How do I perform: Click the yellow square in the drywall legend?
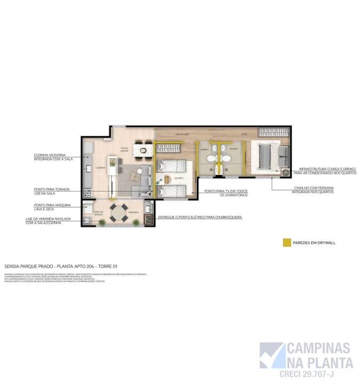(286, 243)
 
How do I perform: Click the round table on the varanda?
(118, 209)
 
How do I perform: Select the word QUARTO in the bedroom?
(179, 178)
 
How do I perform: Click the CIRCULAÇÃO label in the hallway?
(183, 134)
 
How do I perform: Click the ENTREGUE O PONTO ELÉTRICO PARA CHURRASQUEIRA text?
(200, 218)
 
